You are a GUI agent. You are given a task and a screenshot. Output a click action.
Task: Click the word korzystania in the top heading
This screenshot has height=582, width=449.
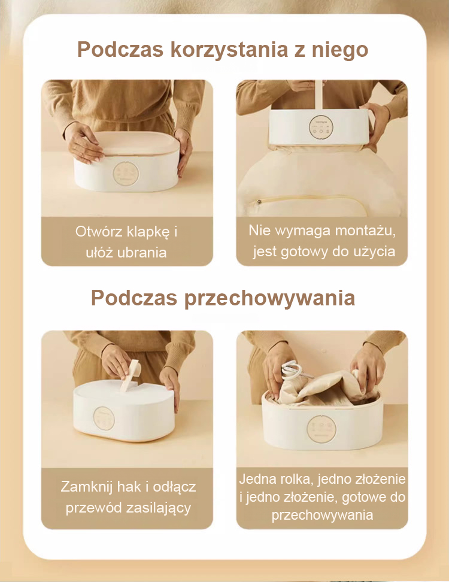pyautogui.click(x=229, y=50)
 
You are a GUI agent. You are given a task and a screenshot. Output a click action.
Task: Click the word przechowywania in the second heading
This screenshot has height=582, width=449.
pyautogui.click(x=270, y=298)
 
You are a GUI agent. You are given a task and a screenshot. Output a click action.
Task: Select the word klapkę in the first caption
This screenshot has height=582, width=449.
pyautogui.click(x=148, y=232)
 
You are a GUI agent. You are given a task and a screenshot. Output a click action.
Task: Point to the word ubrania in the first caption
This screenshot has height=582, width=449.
pyautogui.click(x=142, y=253)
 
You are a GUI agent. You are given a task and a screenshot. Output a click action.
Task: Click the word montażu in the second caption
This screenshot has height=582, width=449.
pyautogui.click(x=365, y=231)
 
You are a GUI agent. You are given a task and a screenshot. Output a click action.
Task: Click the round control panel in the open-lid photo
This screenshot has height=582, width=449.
pyautogui.click(x=126, y=173)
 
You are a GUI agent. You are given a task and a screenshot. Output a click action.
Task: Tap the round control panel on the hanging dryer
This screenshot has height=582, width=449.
pyautogui.click(x=321, y=128)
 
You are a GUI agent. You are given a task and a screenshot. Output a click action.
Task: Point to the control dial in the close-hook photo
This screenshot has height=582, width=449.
pyautogui.click(x=104, y=419)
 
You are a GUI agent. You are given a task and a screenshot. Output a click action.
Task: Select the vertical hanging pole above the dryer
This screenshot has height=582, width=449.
pyautogui.click(x=318, y=95)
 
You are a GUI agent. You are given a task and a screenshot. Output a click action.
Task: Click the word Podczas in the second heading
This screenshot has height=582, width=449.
pyautogui.click(x=134, y=298)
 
